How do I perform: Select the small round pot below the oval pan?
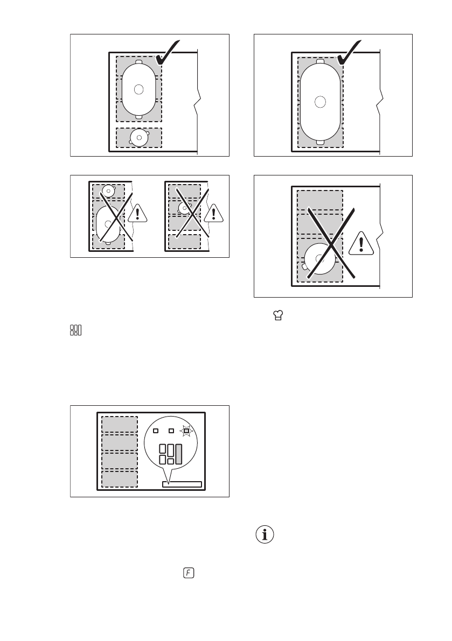[140, 138]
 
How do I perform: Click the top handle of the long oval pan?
[321, 61]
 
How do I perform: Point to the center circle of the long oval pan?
[321, 101]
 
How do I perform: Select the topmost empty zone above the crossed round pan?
[320, 200]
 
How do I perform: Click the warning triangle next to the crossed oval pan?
[140, 214]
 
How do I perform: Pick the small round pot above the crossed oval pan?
[109, 191]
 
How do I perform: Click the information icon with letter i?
[263, 535]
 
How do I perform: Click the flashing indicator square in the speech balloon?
[186, 431]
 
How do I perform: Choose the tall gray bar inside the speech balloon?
[179, 454]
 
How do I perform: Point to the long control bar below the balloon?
[182, 484]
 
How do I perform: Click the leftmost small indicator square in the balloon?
[155, 431]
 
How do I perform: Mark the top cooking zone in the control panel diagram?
[120, 424]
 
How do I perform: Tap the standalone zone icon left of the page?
[76, 330]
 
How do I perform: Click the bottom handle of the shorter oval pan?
[140, 116]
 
